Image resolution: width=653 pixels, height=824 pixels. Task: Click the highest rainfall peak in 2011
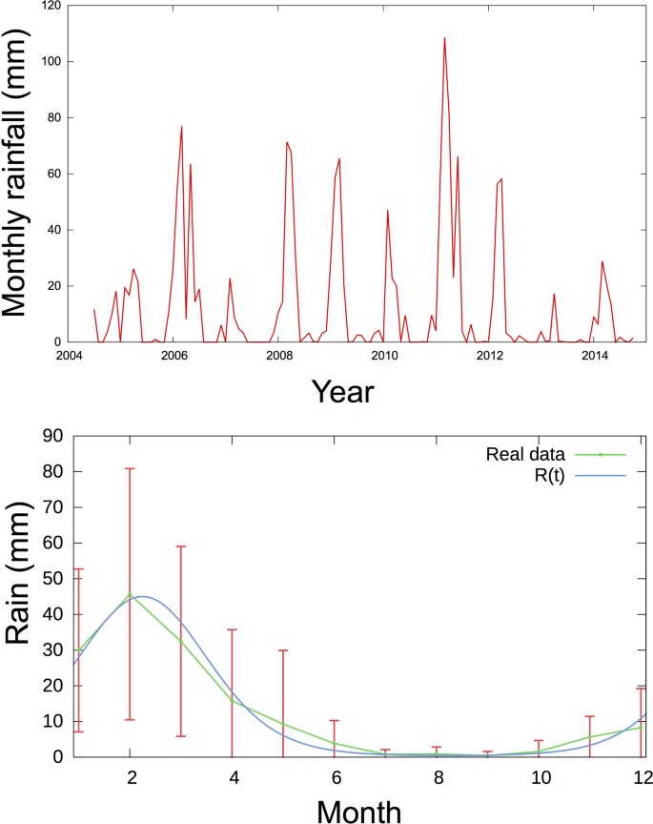pos(444,38)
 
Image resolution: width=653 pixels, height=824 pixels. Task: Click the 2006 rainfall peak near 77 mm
pos(182,127)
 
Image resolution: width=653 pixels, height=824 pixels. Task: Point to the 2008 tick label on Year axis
pos(279,356)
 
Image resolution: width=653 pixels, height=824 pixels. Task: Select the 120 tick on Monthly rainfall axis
pos(50,6)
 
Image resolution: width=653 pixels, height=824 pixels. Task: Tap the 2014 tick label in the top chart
pos(596,356)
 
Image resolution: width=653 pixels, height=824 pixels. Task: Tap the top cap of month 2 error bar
pos(130,468)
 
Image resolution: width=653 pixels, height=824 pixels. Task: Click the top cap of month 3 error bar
pos(180,546)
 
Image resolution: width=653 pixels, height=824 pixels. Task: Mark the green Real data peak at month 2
pos(130,594)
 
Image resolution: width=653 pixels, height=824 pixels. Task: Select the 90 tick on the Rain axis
pos(53,436)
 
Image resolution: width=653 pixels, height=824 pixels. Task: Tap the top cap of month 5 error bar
pos(283,650)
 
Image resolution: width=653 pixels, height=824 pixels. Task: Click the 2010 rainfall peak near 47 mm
pos(387,211)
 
